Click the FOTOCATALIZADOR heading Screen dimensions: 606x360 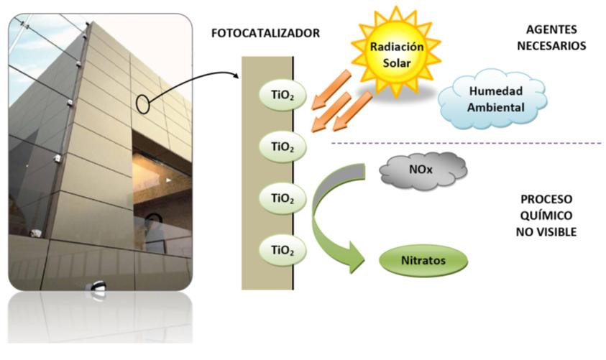coord(265,33)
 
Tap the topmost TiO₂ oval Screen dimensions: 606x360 coord(283,96)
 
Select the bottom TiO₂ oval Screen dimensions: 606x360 coord(283,250)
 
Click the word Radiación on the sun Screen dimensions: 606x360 coord(397,47)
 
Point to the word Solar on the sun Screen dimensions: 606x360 coord(397,63)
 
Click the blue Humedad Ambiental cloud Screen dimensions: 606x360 coord(492,99)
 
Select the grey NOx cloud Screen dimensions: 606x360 coord(423,170)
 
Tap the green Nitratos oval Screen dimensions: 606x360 coord(423,260)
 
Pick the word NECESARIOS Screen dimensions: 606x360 coord(551,46)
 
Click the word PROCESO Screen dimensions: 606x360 coord(546,199)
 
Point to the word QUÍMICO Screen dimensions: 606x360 coord(546,215)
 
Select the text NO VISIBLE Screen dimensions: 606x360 coord(546,232)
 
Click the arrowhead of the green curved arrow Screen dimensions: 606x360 coord(355,258)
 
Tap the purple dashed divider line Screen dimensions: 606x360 coord(467,143)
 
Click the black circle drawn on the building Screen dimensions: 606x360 coord(142,104)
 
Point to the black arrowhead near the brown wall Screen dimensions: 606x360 coord(236,75)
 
